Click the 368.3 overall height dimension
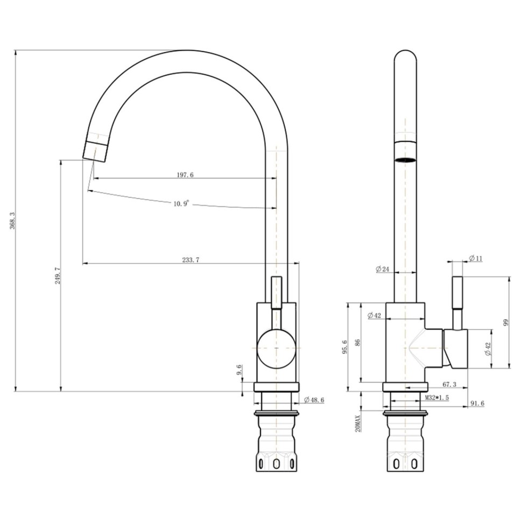coord(13,221)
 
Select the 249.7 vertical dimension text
coord(58,276)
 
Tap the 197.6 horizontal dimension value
coord(185,175)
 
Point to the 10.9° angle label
coord(181,203)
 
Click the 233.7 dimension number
coord(191,260)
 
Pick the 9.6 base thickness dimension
coord(239,370)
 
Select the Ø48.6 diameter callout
coord(314,400)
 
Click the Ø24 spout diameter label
coord(383,269)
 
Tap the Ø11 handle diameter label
coord(475,258)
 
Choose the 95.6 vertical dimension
coord(344,347)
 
